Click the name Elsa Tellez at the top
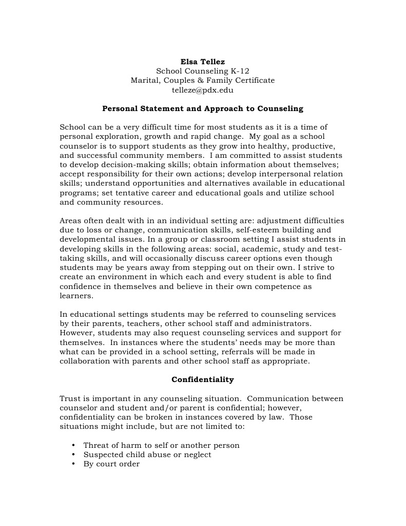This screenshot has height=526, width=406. point(203,62)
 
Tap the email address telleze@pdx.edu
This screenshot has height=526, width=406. point(203,89)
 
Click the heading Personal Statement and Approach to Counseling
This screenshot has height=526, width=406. point(203,108)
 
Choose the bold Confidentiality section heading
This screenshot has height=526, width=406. point(203,379)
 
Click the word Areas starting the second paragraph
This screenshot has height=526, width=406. point(71,221)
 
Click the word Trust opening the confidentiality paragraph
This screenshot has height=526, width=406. point(70,398)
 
